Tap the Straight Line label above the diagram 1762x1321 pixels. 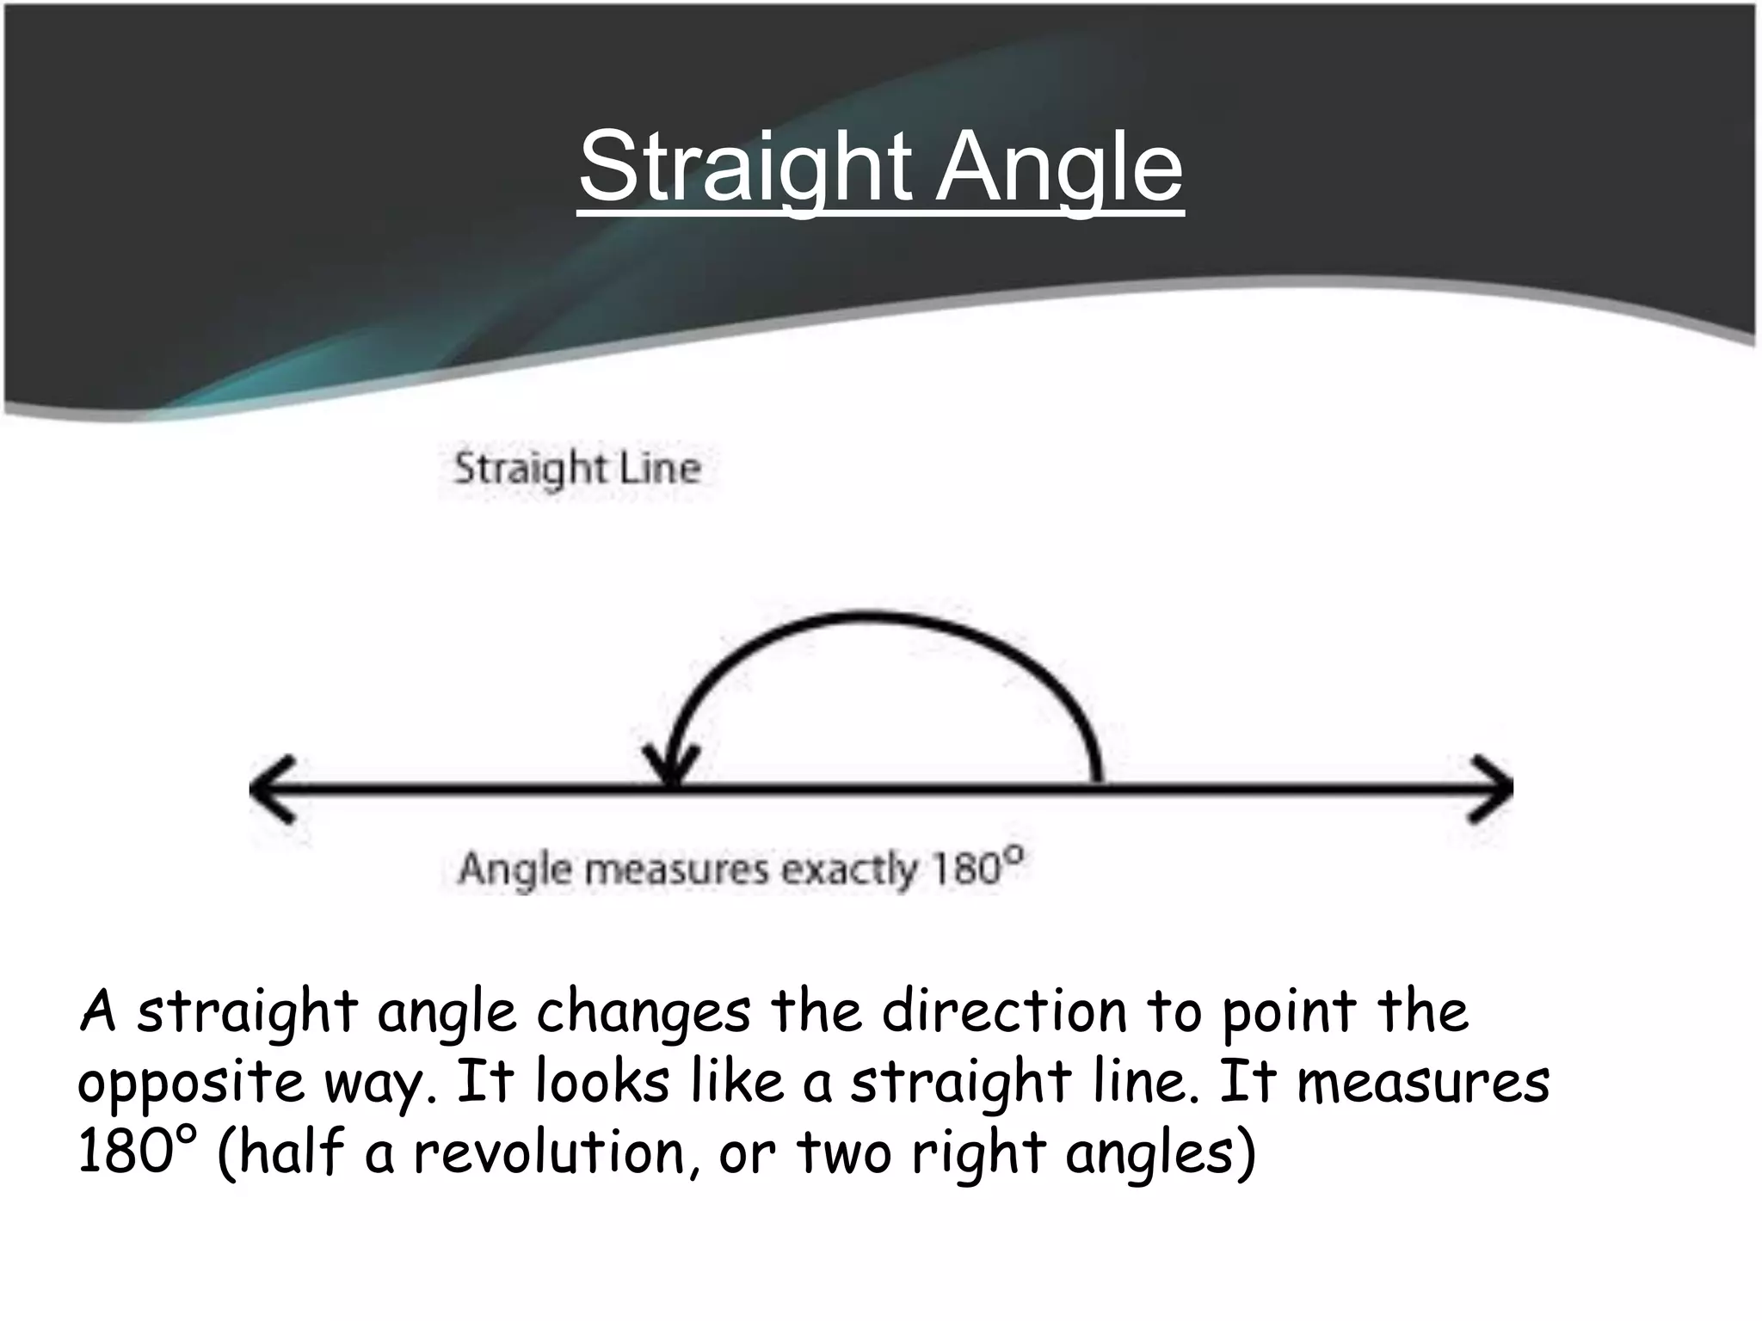pos(577,469)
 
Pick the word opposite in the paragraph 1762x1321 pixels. pos(191,1084)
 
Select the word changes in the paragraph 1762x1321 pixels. pos(644,1013)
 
